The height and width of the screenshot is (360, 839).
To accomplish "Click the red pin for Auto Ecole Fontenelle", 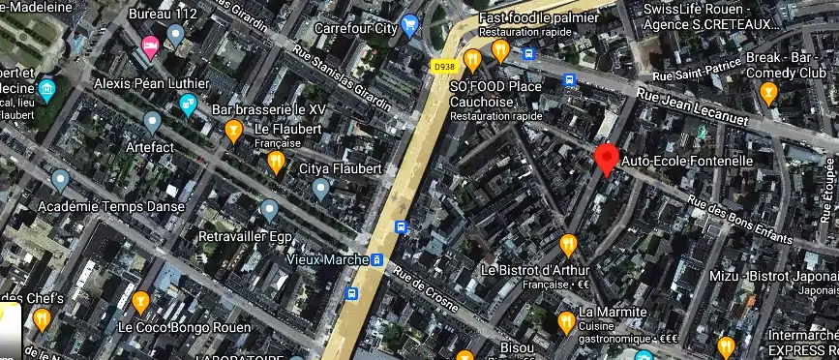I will point(607,158).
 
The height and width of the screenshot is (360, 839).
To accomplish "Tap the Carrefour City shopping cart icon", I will point(409,25).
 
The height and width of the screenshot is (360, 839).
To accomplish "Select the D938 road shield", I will point(442,65).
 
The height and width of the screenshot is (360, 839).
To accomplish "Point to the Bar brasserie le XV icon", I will point(233,130).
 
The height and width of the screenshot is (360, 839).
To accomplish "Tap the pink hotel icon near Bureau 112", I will point(150,45).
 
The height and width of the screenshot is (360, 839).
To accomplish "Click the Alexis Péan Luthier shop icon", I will point(188,104).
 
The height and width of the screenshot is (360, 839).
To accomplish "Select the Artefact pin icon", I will point(151,122).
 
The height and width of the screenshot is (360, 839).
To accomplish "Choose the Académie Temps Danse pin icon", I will point(61,180).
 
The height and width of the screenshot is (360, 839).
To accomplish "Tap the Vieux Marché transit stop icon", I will point(377,259).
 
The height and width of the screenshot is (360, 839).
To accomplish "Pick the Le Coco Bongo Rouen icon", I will point(141,303).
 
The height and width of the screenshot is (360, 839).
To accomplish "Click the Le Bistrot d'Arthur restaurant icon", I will point(568,243).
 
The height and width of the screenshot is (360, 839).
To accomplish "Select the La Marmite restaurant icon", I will point(566,320).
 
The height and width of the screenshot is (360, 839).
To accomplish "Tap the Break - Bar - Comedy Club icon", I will point(769,93).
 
